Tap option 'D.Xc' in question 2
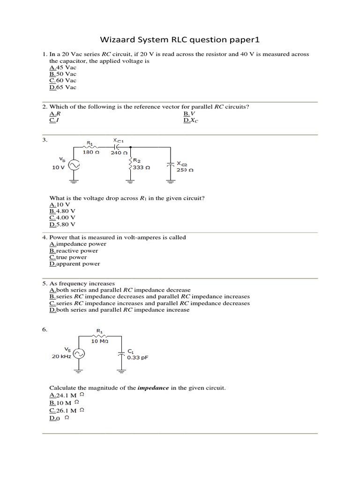[191, 120]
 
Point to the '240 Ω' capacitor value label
[119, 152]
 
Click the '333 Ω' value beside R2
[141, 167]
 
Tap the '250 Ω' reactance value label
[185, 170]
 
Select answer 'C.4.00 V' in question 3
[62, 217]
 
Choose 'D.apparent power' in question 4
[75, 263]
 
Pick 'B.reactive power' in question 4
[74, 250]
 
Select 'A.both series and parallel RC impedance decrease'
[120, 290]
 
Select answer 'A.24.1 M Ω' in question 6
[67, 395]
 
